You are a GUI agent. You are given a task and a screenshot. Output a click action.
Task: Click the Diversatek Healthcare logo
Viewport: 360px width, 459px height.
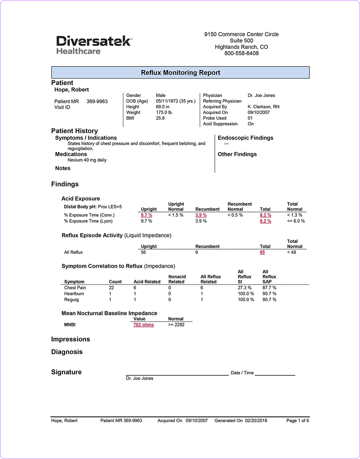point(94,45)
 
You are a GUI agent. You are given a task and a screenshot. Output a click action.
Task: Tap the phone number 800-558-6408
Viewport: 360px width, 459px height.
point(241,53)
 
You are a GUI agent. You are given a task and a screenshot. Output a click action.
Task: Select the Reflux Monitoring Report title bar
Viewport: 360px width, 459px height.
point(180,73)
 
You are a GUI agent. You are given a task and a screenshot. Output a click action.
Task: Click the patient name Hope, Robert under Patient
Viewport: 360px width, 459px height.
point(71,90)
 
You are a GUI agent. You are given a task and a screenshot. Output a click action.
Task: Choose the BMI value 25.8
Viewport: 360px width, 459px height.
point(160,118)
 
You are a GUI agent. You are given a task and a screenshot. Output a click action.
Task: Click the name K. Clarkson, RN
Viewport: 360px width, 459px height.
point(263,107)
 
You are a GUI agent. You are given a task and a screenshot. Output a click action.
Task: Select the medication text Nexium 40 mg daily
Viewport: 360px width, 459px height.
point(87,160)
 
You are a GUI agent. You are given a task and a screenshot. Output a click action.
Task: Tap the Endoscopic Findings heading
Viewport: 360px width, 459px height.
point(245,138)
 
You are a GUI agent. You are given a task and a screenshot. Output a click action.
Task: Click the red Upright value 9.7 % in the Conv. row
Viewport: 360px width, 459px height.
point(146,215)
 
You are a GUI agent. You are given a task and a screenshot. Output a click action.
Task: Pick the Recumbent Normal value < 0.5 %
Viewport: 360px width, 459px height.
point(236,215)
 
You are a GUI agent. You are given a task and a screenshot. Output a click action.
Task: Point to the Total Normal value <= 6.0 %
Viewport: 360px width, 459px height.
point(296,221)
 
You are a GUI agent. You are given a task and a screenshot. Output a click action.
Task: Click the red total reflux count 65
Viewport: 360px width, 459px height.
point(262,252)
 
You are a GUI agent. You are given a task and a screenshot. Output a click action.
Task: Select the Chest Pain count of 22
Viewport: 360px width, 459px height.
point(111,287)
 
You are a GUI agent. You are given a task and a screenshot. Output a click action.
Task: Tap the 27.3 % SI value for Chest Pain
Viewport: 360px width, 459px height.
point(246,287)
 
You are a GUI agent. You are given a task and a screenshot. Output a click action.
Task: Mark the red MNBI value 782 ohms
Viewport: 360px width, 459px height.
point(144,325)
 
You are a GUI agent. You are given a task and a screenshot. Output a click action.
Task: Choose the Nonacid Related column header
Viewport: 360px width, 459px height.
point(177,279)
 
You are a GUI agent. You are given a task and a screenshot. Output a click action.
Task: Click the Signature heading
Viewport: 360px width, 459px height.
point(66,372)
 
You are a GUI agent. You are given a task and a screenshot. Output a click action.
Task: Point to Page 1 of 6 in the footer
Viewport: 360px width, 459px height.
point(298,420)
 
